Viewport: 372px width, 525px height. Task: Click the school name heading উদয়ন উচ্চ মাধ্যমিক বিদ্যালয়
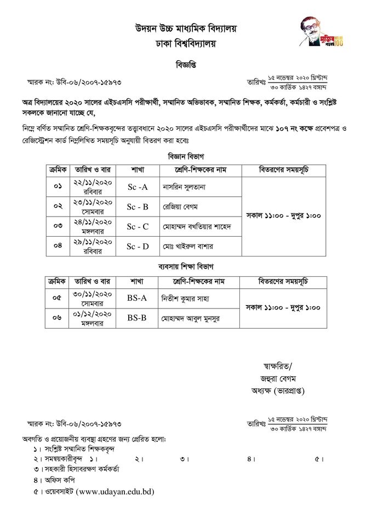186,28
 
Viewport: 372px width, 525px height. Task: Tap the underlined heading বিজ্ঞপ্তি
186,65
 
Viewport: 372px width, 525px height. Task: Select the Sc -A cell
138,187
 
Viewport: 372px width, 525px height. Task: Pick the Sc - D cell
138,246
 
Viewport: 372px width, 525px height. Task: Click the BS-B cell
137,318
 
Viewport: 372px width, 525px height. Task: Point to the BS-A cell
137,298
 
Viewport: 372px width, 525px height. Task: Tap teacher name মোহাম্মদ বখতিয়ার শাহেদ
197,226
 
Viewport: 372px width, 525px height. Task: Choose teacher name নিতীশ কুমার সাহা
186,299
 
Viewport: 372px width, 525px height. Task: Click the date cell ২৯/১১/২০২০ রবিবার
93,246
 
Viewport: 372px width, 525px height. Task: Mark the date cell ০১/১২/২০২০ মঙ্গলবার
92,318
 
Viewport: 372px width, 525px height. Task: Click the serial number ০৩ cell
58,226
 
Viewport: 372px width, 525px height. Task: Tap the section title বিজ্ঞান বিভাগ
186,156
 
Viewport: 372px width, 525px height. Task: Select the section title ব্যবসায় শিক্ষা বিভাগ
186,266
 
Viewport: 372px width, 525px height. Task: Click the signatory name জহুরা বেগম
278,378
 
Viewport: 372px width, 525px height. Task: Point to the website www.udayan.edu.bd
115,492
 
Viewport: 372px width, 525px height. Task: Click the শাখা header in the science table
138,170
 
